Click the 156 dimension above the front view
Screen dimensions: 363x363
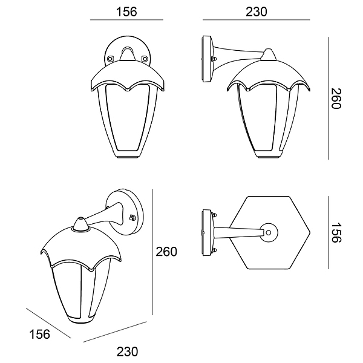pyautogui.click(x=126, y=12)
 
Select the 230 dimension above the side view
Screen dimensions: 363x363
pyautogui.click(x=257, y=12)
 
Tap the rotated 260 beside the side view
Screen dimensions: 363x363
pyautogui.click(x=336, y=99)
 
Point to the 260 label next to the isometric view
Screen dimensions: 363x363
pyautogui.click(x=166, y=252)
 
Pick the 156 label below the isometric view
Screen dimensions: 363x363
pyautogui.click(x=39, y=335)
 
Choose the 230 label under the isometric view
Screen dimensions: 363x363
pyautogui.click(x=127, y=352)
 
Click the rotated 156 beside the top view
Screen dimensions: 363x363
pyautogui.click(x=336, y=233)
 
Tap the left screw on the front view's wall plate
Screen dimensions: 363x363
pyautogui.click(x=110, y=59)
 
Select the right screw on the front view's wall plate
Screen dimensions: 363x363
pyautogui.click(x=145, y=59)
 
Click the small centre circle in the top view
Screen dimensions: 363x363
pyautogui.click(x=269, y=233)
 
